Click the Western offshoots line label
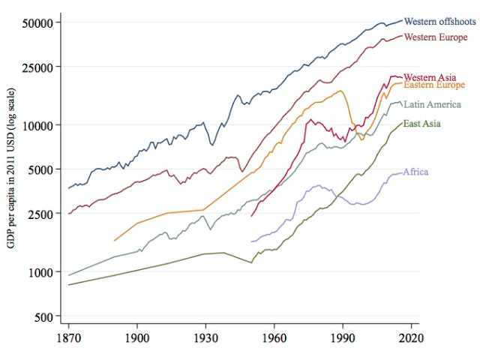(x=439, y=22)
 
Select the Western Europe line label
(x=436, y=37)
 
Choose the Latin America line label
(x=432, y=104)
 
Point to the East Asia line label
(x=421, y=123)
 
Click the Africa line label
(x=415, y=172)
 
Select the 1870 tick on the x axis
(x=68, y=338)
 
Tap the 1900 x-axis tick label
(x=136, y=338)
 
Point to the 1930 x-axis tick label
(x=205, y=338)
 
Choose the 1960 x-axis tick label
(x=274, y=338)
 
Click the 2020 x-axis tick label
(x=410, y=338)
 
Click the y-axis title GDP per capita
(x=11, y=169)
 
